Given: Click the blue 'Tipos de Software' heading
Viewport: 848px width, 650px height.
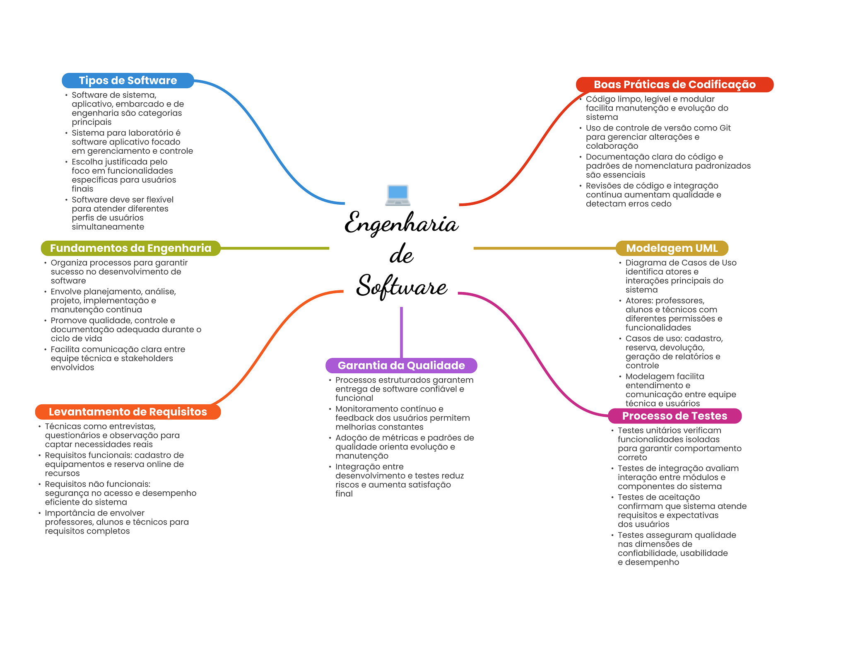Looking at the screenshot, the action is coord(128,80).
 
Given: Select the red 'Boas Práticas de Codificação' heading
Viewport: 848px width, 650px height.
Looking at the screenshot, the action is coord(675,85).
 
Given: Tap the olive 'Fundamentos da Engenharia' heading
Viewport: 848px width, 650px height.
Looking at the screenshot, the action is coord(130,248).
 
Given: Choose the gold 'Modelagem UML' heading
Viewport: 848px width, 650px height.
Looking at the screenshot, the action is coord(672,248).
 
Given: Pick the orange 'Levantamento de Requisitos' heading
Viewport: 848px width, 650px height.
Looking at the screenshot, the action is coord(128,412).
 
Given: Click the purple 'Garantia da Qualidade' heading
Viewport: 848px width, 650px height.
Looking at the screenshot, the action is coord(401,365).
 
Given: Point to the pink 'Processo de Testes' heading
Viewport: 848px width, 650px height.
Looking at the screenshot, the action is coord(675,416).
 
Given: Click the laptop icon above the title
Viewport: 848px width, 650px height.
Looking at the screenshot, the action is coord(397,195).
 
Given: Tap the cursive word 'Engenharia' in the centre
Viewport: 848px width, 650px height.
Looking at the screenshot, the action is coord(401,223).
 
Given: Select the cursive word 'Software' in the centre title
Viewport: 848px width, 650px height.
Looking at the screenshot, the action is coord(402,286).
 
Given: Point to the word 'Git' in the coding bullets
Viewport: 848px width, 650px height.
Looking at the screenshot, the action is coord(725,128).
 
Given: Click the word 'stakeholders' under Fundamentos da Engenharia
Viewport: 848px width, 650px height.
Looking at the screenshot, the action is coord(147,358).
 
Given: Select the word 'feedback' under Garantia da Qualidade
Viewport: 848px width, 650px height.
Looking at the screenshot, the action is coord(354,418).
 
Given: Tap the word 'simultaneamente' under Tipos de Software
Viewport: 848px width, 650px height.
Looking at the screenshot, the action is coord(108,227).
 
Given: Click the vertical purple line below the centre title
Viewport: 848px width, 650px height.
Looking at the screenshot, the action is coord(401,332).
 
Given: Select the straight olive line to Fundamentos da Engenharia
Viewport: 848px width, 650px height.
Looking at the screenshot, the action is coord(275,248).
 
